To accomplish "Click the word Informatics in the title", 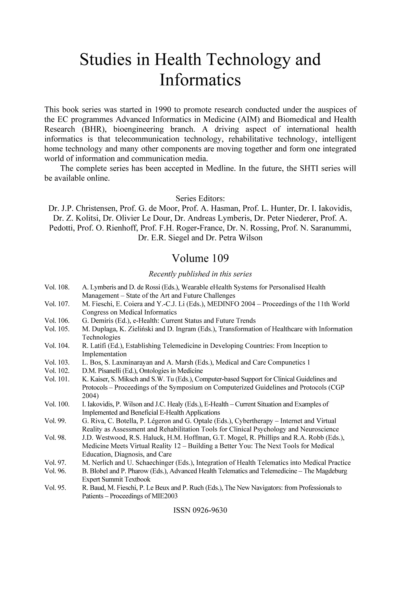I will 200,80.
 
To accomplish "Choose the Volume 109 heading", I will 200,258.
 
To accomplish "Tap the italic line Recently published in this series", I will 200,274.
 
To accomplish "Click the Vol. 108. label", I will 57,287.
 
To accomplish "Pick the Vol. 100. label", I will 57,404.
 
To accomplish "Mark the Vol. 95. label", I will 55,488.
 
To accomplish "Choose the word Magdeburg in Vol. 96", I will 333,471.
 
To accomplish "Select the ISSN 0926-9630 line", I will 200,510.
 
